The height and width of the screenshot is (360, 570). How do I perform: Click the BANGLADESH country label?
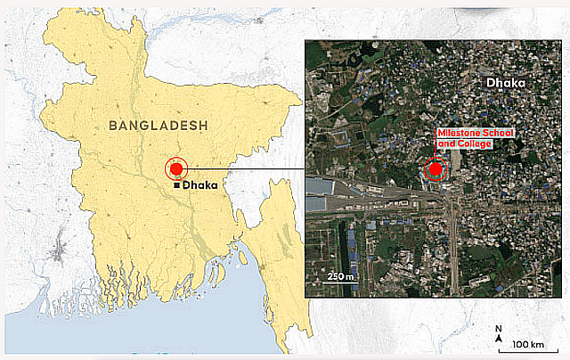[158, 126]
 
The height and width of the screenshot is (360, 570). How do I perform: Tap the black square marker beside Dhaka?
[177, 184]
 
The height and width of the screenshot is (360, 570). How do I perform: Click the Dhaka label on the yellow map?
[199, 185]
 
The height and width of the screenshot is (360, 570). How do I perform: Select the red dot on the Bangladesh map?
[176, 168]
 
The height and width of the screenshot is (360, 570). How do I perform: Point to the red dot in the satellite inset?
[436, 168]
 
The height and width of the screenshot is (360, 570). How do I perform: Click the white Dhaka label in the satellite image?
[507, 83]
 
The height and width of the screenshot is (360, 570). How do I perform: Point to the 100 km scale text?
[528, 344]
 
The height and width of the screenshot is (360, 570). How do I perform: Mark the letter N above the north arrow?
[499, 329]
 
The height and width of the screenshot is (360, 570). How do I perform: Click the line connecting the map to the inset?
[245, 168]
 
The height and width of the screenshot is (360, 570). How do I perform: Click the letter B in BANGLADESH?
[113, 126]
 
